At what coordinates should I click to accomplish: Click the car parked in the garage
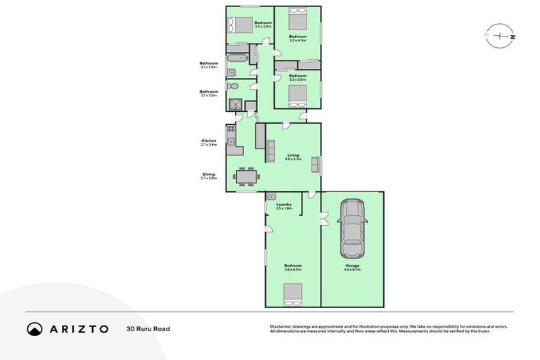point(352,228)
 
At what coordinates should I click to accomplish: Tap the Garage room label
point(352,267)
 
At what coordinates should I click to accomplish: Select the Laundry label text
point(284,206)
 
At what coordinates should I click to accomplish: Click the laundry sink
point(271,197)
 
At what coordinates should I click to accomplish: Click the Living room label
point(293,157)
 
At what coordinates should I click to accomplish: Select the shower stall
point(235,105)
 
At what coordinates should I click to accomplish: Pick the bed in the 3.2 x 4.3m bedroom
point(297,18)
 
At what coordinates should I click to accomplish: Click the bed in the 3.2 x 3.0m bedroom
point(297,94)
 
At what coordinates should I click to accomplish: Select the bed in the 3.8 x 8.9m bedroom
point(292,293)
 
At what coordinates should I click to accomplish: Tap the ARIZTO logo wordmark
point(67,328)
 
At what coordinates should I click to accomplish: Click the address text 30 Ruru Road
point(148,328)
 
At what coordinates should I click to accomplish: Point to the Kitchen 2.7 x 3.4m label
point(209,142)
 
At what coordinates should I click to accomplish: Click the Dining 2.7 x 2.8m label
point(209,176)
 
